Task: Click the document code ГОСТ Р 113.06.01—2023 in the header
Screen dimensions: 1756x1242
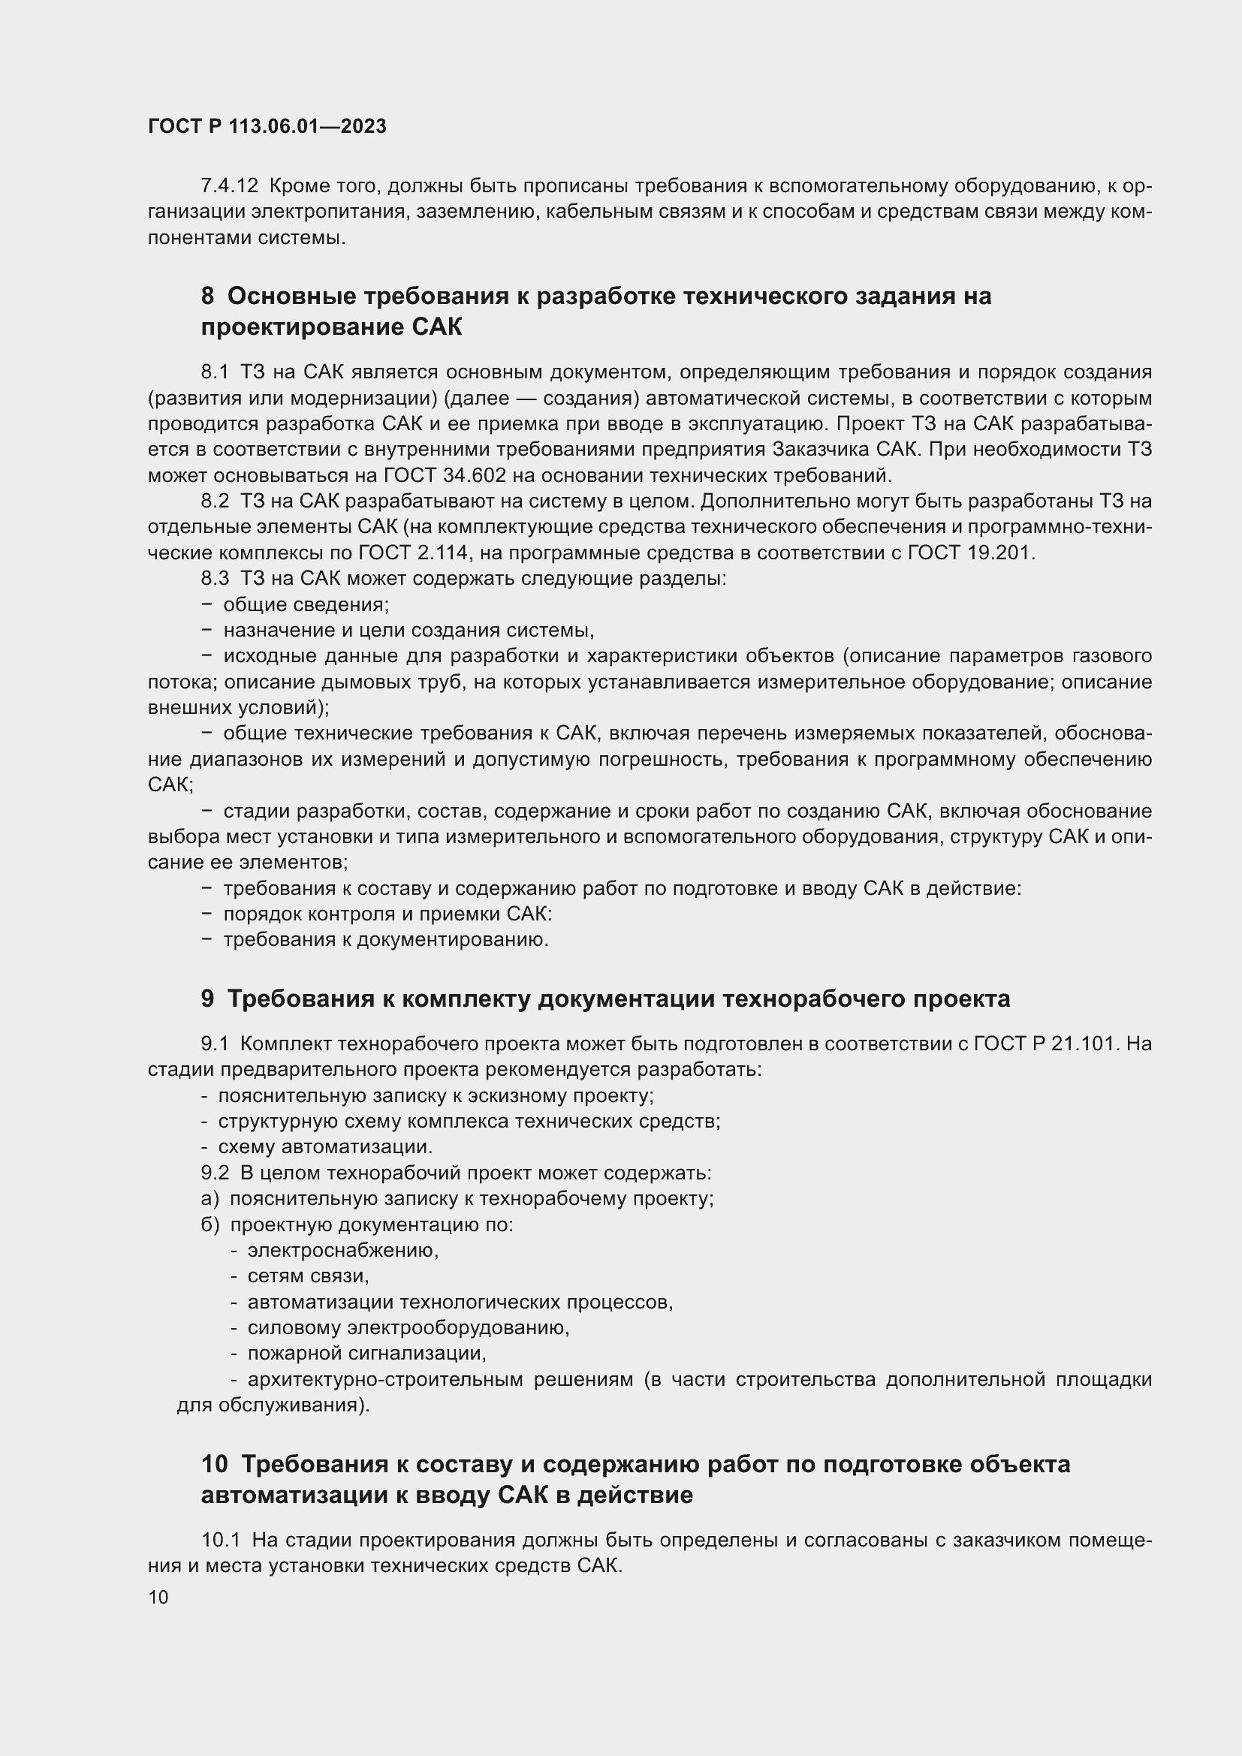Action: click(267, 127)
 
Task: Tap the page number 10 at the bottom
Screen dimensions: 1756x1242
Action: click(158, 1598)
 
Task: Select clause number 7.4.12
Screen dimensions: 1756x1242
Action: click(229, 186)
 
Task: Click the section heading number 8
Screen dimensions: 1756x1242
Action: click(207, 296)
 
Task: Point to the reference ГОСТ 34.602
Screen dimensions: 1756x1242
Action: click(445, 476)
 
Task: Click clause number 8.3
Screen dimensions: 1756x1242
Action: click(215, 579)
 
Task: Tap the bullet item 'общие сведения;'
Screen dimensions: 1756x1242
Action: click(306, 605)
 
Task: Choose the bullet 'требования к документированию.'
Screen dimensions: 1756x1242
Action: click(385, 940)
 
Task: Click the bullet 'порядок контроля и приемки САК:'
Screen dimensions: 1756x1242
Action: click(387, 914)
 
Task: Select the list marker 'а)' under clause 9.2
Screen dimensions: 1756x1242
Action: click(210, 1198)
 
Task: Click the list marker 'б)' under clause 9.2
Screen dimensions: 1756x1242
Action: click(210, 1224)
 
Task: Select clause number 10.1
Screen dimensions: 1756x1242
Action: click(220, 1538)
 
